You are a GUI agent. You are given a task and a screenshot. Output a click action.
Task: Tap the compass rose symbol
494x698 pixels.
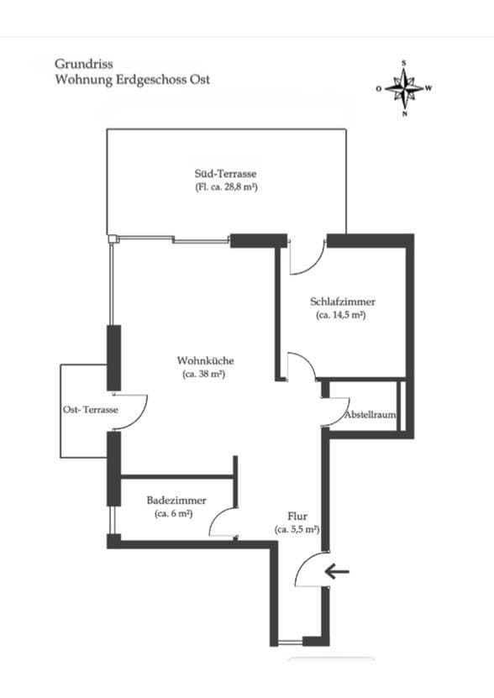(x=404, y=87)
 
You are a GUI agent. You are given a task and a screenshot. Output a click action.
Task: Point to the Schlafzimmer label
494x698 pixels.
(x=342, y=302)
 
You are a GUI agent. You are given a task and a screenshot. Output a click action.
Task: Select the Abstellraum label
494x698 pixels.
(x=370, y=416)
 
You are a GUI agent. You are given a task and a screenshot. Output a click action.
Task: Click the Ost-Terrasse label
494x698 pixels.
(x=90, y=409)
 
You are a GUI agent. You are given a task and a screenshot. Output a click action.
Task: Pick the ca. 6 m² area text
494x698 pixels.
(x=174, y=512)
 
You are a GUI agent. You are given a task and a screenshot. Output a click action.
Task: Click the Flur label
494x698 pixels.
(x=297, y=516)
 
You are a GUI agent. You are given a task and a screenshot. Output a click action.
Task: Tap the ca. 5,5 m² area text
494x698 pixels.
(x=297, y=530)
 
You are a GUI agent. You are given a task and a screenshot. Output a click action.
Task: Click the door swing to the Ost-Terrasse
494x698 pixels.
(x=132, y=411)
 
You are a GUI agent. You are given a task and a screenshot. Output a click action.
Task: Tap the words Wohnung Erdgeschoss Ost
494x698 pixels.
(x=132, y=80)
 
